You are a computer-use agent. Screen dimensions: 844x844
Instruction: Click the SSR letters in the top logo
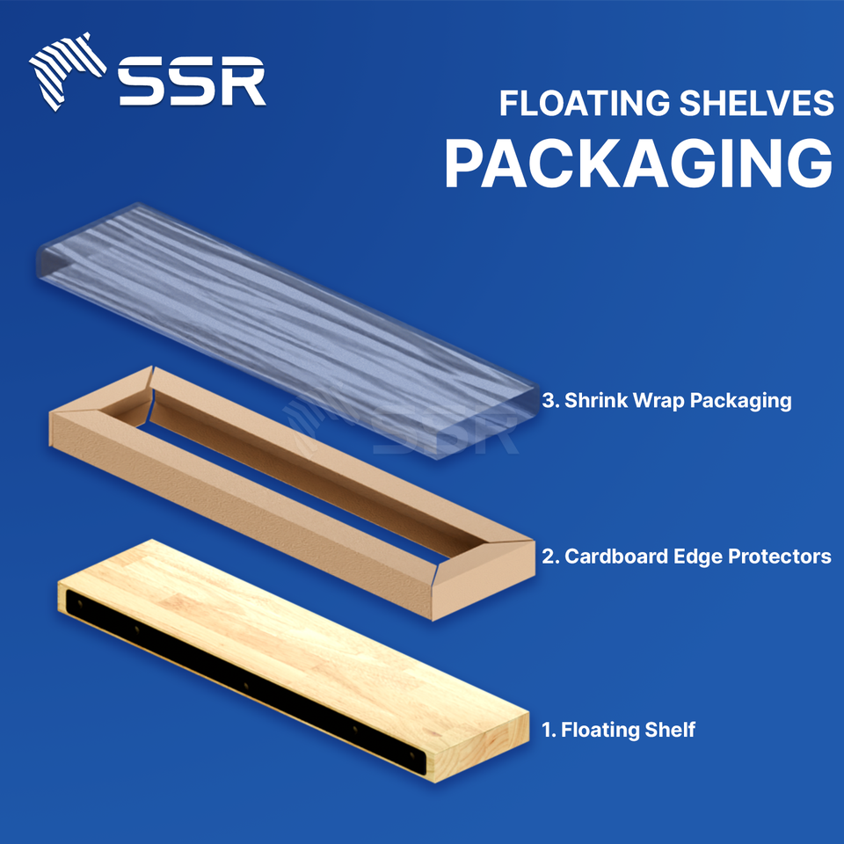pos(193,82)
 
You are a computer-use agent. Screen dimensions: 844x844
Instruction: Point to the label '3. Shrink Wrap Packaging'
pos(667,401)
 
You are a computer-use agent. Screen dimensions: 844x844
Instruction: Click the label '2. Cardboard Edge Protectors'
pos(687,557)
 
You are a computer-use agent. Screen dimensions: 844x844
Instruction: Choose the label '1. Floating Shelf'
pos(619,730)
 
